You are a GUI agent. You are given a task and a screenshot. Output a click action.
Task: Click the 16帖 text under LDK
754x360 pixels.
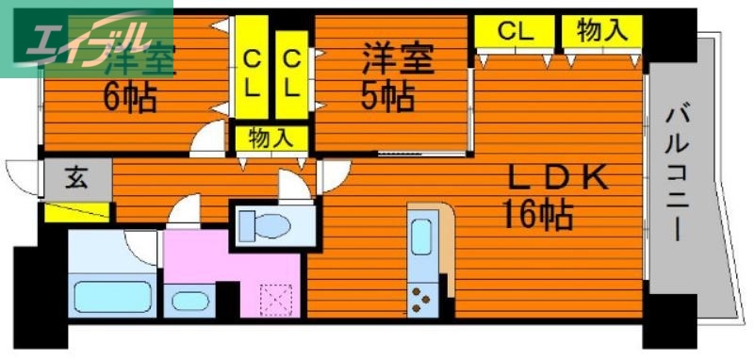click(538, 216)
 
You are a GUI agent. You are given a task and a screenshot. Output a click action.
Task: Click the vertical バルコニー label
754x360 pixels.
click(676, 174)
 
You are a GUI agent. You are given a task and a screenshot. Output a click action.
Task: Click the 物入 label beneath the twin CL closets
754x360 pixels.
click(270, 139)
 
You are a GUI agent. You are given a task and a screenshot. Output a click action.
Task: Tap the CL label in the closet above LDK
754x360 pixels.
click(516, 31)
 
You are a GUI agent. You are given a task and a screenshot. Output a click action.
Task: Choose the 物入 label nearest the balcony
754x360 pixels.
click(601, 31)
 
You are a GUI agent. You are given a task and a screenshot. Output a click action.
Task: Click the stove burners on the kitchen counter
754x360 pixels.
click(420, 303)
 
